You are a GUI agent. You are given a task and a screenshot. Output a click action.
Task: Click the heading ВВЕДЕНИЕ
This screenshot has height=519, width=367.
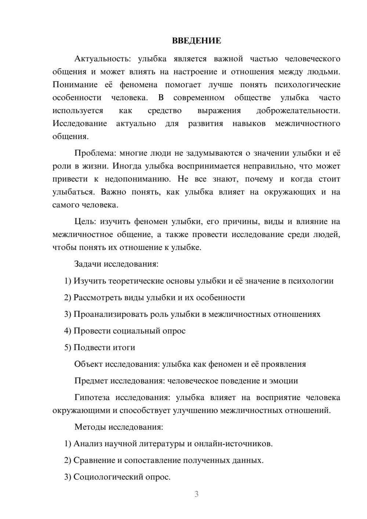click(196, 41)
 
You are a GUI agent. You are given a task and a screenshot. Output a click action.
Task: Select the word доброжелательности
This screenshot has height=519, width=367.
click(298, 110)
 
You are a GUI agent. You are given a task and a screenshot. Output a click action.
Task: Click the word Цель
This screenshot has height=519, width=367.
click(85, 221)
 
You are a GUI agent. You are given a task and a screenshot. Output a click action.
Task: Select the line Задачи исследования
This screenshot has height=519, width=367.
click(116, 264)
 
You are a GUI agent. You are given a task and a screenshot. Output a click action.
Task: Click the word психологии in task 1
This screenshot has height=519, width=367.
click(310, 281)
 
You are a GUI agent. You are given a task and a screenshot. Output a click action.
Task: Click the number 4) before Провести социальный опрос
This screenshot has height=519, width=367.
click(68, 331)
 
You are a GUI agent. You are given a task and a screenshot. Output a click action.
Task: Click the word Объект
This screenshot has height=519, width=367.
click(88, 364)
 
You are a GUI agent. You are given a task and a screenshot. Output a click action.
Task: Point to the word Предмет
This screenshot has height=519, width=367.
click(91, 381)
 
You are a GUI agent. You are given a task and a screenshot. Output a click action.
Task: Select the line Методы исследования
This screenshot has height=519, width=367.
click(119, 427)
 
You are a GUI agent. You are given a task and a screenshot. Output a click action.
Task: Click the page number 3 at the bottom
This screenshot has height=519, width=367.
click(196, 494)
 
